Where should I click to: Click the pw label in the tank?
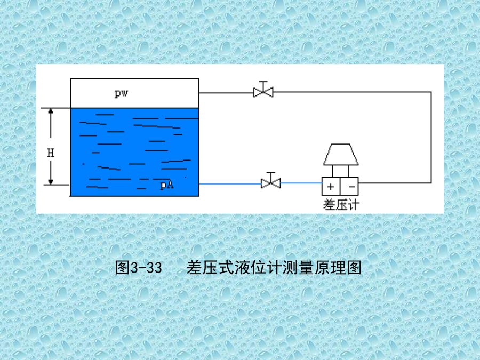coord(121,93)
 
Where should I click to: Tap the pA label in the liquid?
coord(167,185)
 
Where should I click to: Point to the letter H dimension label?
coord(51,153)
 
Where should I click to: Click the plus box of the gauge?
coord(331,187)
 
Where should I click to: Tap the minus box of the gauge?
coord(349,187)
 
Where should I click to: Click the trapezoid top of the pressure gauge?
coord(341,154)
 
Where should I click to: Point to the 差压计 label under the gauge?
coord(341,204)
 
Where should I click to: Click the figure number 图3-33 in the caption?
coord(138,267)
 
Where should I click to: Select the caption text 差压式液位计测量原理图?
coord(274,267)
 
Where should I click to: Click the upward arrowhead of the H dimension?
coord(51,111)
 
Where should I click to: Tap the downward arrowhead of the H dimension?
coord(51,182)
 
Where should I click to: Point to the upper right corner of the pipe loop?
coord(431,92)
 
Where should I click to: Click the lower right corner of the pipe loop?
coord(431,183)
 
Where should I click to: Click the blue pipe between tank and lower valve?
coord(230,184)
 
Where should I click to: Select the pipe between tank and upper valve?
coord(226,93)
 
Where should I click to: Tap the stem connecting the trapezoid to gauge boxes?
coord(341,171)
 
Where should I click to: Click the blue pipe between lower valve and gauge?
coord(301,183)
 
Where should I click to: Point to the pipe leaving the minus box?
coord(395,183)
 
